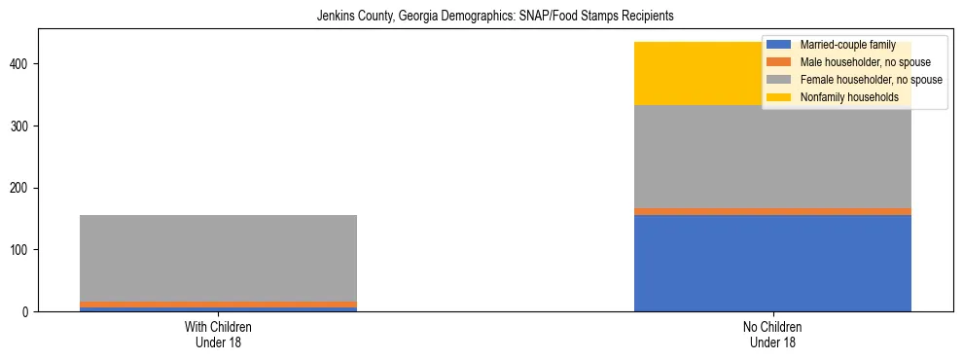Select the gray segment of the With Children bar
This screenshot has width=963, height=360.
218,258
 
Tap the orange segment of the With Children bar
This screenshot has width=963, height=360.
218,305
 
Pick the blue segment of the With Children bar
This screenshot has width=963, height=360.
218,309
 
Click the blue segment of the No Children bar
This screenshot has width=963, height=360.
772,263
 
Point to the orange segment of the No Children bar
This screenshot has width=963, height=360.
772,211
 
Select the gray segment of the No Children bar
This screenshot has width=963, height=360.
772,156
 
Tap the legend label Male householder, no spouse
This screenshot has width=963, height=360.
865,62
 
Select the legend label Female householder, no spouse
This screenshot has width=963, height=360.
871,80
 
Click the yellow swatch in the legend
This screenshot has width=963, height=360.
779,97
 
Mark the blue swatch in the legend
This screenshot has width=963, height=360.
779,45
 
